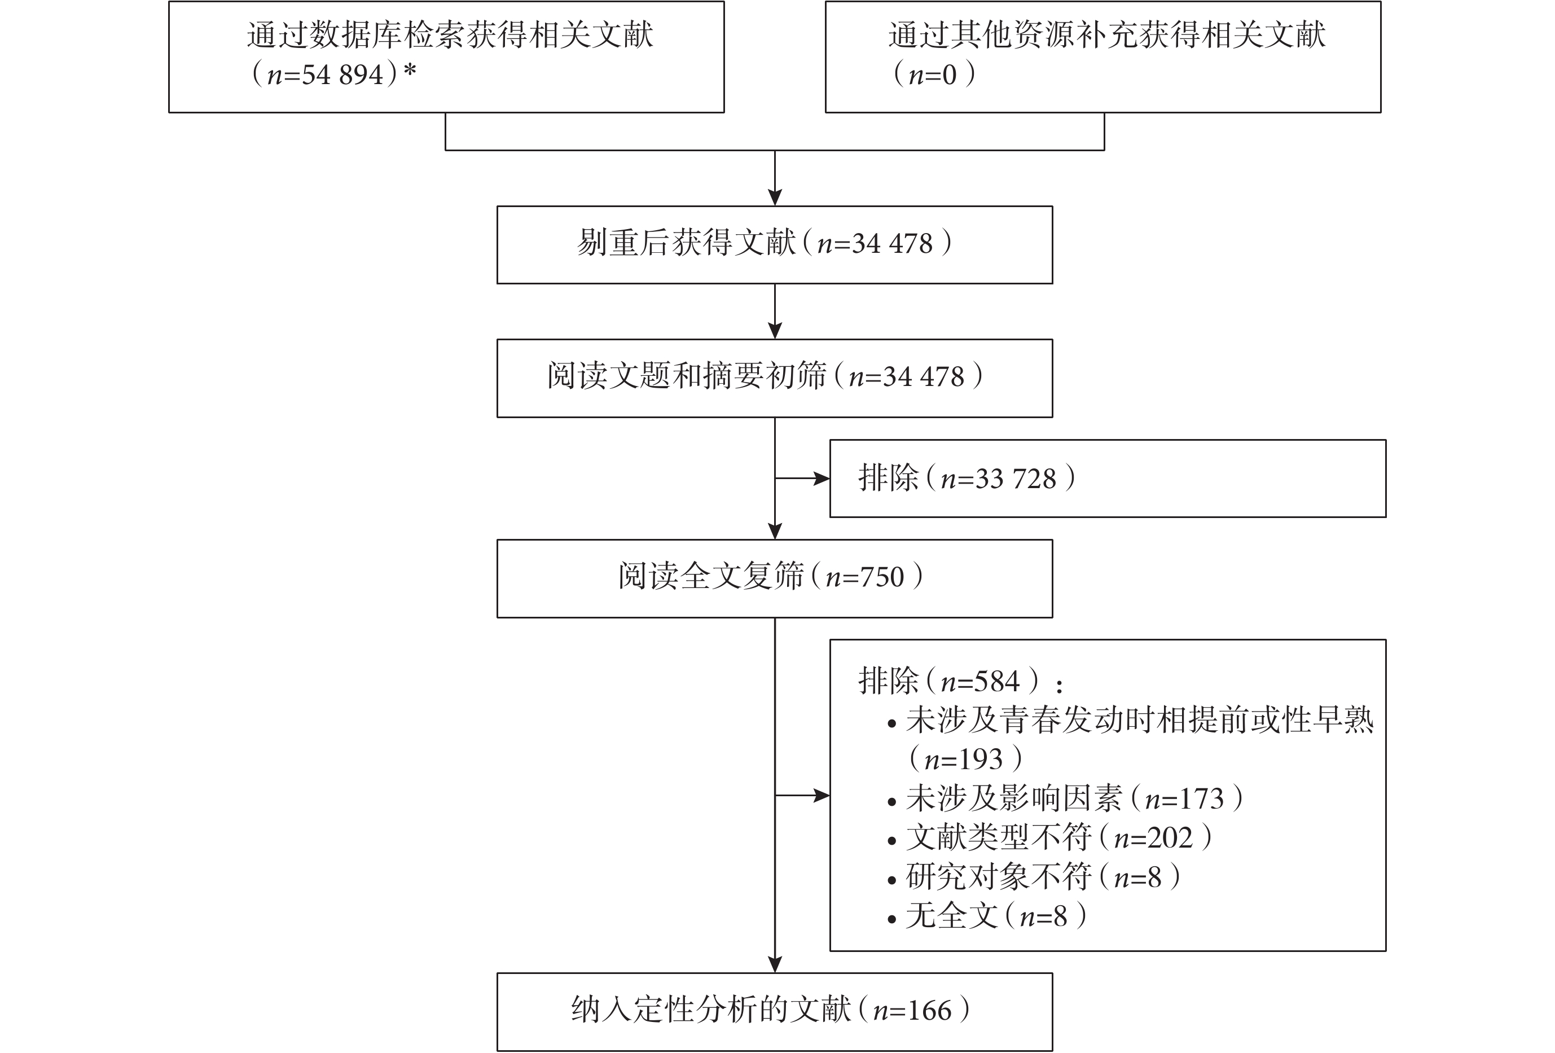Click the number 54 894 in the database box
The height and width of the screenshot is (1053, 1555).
(343, 75)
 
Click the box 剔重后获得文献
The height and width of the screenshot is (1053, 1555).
(774, 245)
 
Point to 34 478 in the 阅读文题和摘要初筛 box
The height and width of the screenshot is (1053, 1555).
(924, 376)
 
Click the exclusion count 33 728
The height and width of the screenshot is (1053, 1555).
(1016, 479)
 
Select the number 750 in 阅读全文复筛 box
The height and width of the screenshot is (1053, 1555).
(883, 577)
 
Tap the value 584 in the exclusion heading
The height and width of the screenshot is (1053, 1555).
(998, 682)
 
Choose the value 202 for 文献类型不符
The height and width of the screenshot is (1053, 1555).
(1170, 837)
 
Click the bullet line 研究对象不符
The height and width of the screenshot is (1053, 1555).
(1034, 877)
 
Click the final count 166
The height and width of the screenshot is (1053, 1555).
(930, 1011)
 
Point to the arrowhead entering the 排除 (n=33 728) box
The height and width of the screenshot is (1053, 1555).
(821, 479)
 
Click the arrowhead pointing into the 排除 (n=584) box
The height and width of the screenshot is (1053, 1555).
(821, 796)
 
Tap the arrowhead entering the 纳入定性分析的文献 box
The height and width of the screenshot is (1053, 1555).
(775, 964)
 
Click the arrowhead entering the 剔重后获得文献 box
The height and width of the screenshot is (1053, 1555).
(775, 198)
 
